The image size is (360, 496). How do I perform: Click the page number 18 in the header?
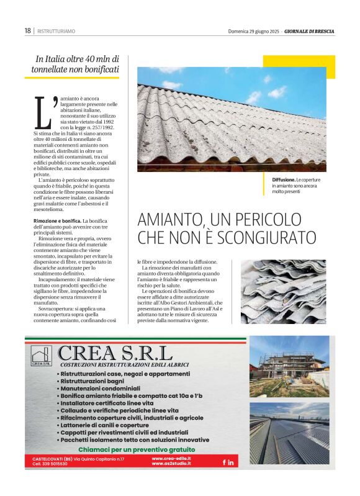27,30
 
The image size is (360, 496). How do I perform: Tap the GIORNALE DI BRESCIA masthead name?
311,30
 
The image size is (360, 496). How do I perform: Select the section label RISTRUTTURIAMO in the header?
56,30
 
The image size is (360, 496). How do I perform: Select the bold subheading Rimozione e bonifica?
57,221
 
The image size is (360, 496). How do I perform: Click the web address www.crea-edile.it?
171,459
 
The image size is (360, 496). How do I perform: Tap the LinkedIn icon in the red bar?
231,462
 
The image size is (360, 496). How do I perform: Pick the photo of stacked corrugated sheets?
282,292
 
